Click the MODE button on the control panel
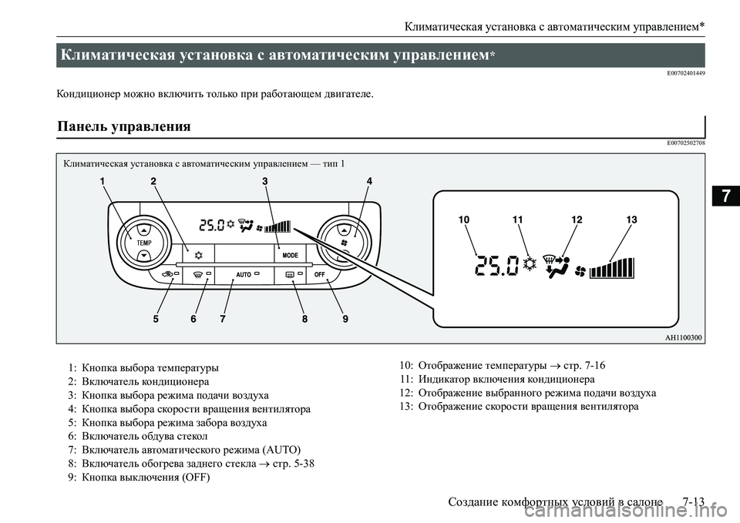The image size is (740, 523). coord(290,254)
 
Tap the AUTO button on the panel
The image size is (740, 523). coord(244,274)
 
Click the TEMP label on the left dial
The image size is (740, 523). coord(144,242)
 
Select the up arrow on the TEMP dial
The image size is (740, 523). coord(144,230)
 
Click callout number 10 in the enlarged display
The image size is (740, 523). coord(463,220)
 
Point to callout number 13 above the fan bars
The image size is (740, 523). coord(631,220)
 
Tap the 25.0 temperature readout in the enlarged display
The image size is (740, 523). coord(497,267)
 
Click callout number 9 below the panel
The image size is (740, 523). coord(346,318)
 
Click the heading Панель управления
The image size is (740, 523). coord(124,126)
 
